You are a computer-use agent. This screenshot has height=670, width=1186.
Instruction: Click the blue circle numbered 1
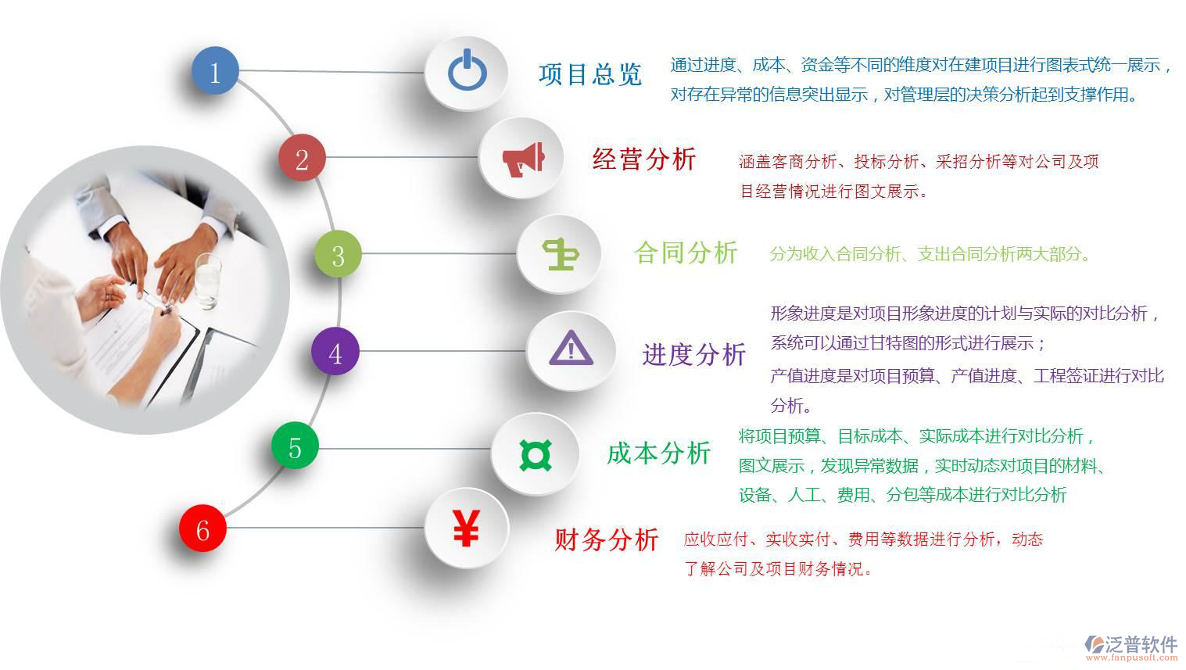[215, 71]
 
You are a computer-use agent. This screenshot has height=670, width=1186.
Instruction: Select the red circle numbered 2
[302, 159]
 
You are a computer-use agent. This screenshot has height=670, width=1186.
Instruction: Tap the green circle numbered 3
[338, 254]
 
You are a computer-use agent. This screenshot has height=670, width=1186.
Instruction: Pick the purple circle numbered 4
[335, 352]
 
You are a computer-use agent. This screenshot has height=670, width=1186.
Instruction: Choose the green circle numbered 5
[294, 446]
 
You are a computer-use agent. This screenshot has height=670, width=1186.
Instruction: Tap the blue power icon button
[467, 71]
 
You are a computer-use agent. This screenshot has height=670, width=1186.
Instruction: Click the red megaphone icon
[521, 159]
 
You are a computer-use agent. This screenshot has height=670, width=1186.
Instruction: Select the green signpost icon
[561, 254]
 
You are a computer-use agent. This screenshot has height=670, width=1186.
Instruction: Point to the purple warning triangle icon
[571, 349]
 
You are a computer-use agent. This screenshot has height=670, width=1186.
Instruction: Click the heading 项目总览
[589, 74]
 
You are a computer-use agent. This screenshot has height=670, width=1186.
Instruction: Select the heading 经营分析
[644, 159]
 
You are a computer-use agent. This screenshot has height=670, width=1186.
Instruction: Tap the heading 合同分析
[686, 253]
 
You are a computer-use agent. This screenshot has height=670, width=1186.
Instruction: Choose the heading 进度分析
[693, 354]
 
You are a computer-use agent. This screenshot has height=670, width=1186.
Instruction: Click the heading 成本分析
[658, 453]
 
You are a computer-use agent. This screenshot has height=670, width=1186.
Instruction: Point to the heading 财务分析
[606, 539]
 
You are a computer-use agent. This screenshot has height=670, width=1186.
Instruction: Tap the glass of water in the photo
[207, 281]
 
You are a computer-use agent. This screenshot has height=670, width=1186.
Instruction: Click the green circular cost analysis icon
[536, 454]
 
